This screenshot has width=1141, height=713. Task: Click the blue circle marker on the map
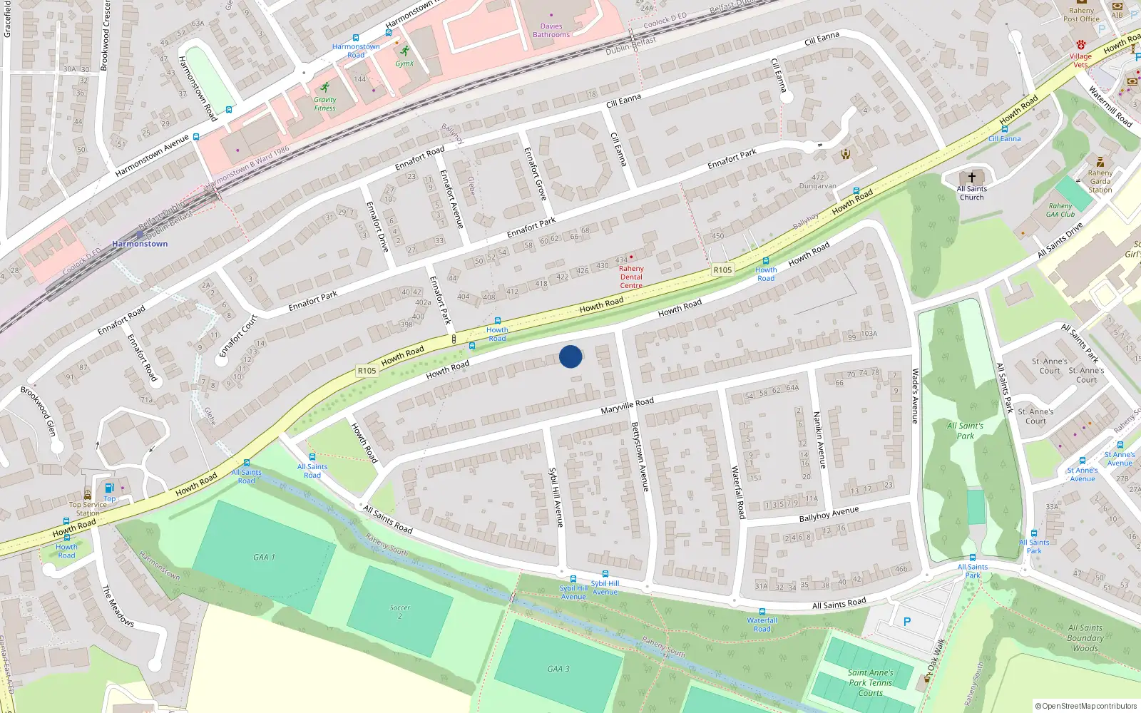[x=570, y=356]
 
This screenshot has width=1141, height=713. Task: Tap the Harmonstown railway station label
[x=140, y=244]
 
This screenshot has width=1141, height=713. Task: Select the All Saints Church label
[x=971, y=193]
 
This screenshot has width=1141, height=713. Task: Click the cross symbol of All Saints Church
[x=971, y=178]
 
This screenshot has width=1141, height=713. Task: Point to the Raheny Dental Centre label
[x=631, y=277]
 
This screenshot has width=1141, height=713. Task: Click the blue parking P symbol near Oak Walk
[x=907, y=622]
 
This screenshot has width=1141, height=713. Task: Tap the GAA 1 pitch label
[x=264, y=558]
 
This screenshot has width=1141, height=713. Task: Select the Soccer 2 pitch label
[x=400, y=612]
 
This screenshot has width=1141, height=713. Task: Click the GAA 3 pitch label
[x=558, y=669]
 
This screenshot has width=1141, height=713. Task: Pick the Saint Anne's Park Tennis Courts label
[x=870, y=682]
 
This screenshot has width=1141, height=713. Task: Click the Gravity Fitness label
[x=324, y=104]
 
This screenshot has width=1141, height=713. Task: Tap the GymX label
[x=404, y=63]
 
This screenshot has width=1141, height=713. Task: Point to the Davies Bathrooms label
[x=551, y=30]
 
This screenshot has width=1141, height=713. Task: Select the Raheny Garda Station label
[x=1100, y=181]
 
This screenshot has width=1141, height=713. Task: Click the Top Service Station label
[x=88, y=508]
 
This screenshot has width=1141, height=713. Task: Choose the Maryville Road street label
[x=627, y=406]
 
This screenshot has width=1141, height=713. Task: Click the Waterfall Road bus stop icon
[x=762, y=612]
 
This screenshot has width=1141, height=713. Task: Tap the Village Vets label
[x=1080, y=60]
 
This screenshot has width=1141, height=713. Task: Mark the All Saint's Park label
[x=965, y=431]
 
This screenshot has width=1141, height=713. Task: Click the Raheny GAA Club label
[x=1060, y=210]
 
